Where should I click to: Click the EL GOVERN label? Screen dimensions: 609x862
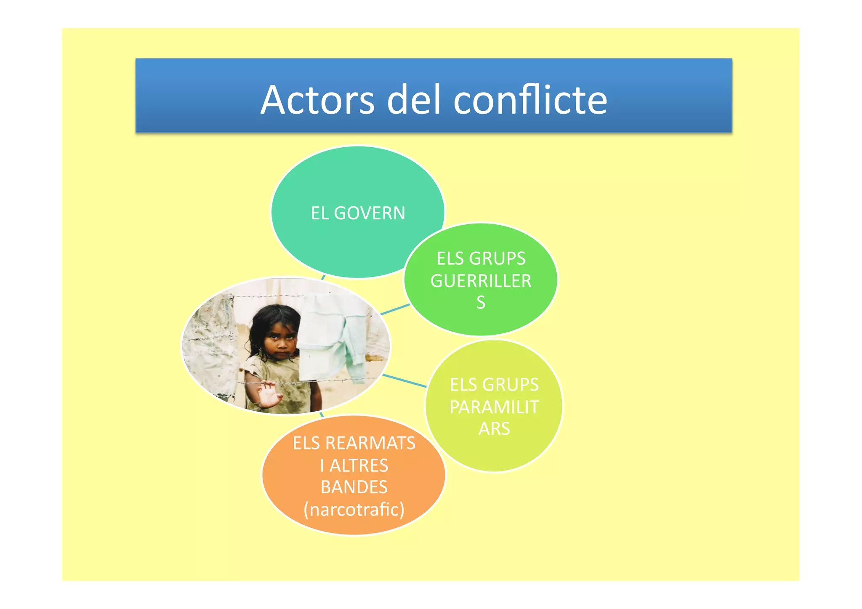(358, 213)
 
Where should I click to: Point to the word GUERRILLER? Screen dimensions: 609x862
(481, 281)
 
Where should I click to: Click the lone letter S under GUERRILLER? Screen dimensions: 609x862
(481, 303)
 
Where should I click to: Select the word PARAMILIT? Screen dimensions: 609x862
(494, 407)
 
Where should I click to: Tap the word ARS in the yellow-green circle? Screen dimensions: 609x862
(494, 429)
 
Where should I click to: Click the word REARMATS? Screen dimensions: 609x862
(370, 443)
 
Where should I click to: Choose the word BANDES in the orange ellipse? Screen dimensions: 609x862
(354, 487)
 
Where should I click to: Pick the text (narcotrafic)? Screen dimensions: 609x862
(354, 509)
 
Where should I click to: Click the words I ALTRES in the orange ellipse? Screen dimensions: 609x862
(354, 465)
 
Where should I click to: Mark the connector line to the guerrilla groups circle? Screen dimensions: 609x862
(395, 309)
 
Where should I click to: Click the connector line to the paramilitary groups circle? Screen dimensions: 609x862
(404, 380)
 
